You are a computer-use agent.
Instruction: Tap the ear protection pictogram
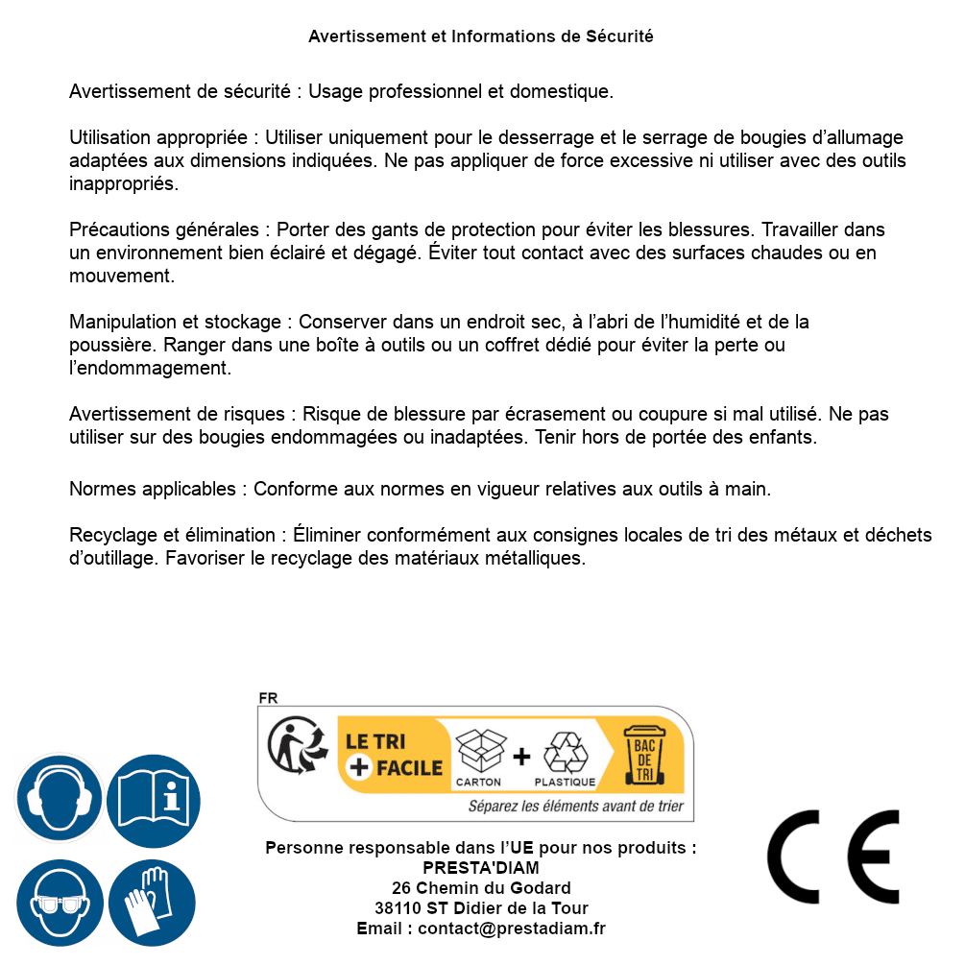pos(60,798)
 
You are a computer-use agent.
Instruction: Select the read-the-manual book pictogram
pos(154,798)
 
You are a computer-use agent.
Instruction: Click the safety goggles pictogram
pos(60,904)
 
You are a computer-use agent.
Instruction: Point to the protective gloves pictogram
pos(154,904)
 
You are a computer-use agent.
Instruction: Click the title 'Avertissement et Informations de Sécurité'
pos(481,36)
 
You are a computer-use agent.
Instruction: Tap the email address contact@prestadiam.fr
pos(512,929)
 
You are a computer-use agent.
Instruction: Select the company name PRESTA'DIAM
pos(481,868)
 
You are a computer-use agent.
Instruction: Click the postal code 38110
pos(398,908)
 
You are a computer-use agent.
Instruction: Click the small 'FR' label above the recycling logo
pos(268,699)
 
